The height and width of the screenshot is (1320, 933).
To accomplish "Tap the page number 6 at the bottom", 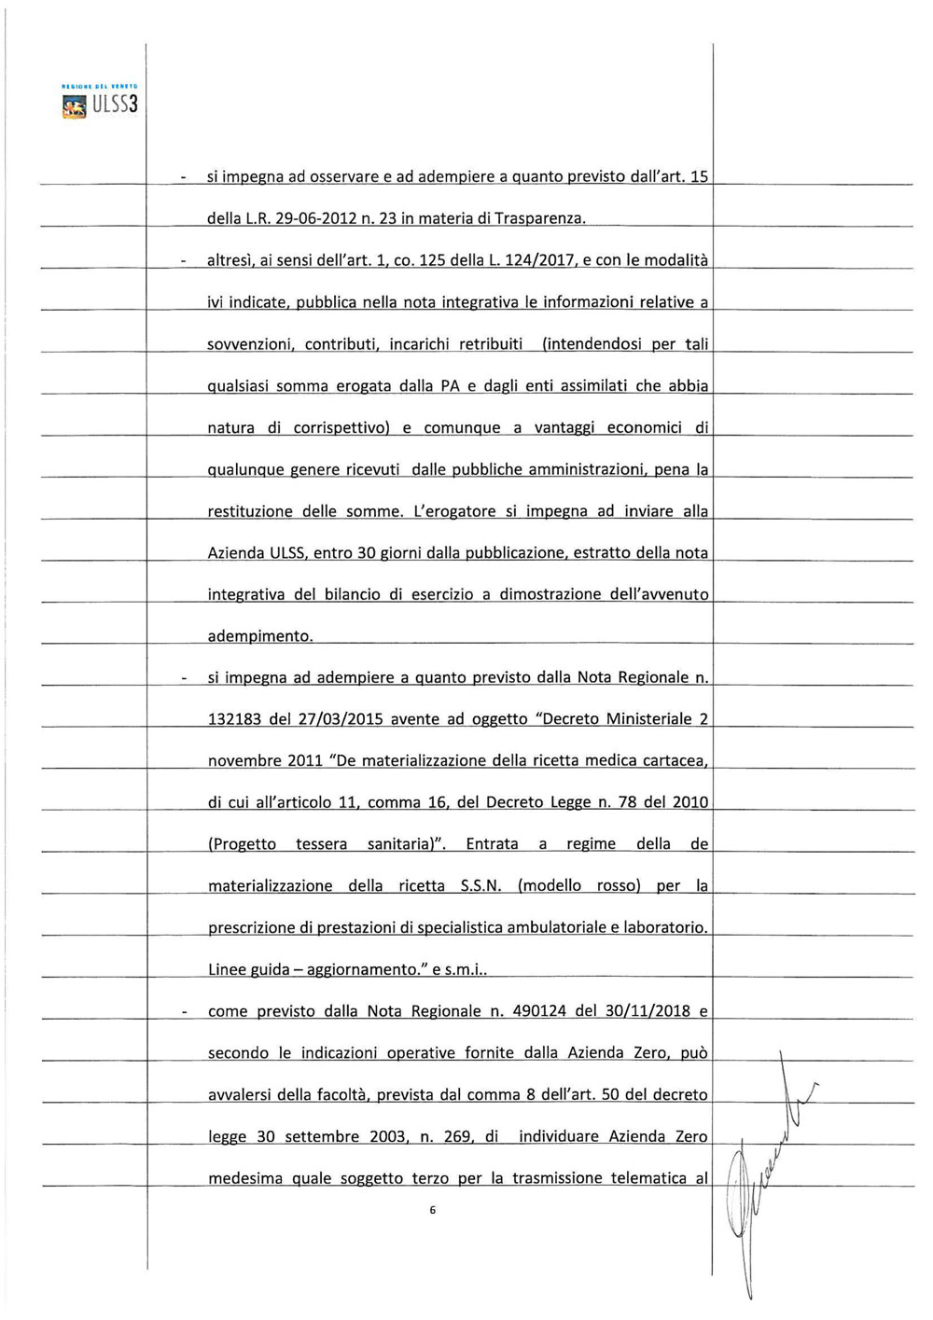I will [x=433, y=1210].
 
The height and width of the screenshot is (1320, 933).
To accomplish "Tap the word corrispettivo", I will [x=341, y=428].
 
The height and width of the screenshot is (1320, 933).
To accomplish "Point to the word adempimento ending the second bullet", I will [x=259, y=636].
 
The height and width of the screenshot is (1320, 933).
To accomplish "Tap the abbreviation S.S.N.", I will [x=480, y=885].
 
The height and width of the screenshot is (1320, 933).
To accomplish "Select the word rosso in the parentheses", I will [x=618, y=885].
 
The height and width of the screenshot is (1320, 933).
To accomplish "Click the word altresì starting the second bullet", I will [x=231, y=260].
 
